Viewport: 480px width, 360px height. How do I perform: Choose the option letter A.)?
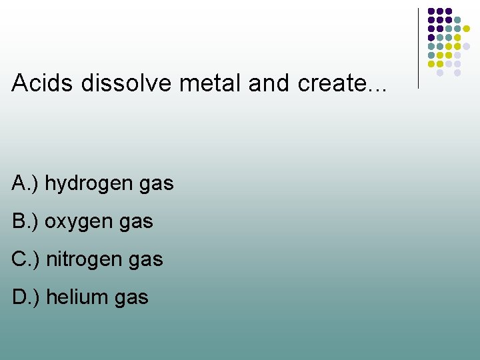tap(25, 183)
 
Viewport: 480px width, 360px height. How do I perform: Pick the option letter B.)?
tap(25, 221)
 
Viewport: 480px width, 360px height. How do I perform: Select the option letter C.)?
tap(26, 259)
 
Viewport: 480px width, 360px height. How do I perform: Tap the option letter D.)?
tap(26, 297)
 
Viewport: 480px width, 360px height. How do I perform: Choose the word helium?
tap(75, 297)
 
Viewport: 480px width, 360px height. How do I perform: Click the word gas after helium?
tap(131, 298)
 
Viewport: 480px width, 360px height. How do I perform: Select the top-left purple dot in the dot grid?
tap(431, 11)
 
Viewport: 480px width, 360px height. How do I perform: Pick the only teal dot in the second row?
tap(457, 20)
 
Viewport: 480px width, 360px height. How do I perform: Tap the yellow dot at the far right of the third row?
tap(466, 29)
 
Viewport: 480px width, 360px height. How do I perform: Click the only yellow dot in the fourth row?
tap(457, 37)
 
